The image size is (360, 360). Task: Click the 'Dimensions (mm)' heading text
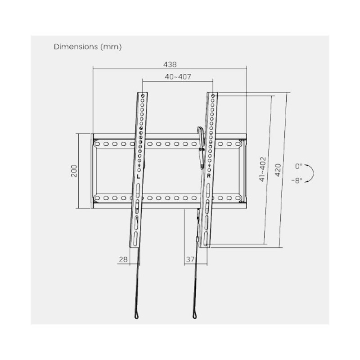[x=87, y=46]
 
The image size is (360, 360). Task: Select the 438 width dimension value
[x=170, y=64]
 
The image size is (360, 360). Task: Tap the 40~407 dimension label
[x=178, y=76]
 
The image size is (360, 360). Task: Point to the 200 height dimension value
[x=74, y=171]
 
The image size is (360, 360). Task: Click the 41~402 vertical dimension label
[x=262, y=169]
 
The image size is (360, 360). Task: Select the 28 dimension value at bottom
[x=123, y=260]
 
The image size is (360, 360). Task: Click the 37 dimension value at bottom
[x=190, y=260]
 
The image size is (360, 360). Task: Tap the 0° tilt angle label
[x=299, y=166]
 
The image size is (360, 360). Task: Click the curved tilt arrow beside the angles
[x=310, y=173]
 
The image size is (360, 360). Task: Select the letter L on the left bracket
[x=139, y=176]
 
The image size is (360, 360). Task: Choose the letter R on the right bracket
[x=209, y=176]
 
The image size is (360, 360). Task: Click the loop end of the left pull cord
[x=137, y=315]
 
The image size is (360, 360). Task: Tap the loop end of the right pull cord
[x=195, y=315]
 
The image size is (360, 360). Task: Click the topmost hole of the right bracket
[x=212, y=96]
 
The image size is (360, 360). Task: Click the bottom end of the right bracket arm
[x=205, y=245]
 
